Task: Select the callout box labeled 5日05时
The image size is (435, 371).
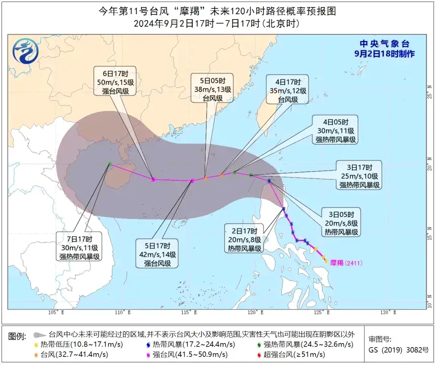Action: tap(212, 90)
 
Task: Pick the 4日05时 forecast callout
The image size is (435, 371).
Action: tap(336, 131)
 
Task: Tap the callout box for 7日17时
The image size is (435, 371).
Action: tap(79, 248)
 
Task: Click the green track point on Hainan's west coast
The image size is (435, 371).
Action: tap(110, 164)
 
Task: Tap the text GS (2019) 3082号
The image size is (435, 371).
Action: tap(399, 350)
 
